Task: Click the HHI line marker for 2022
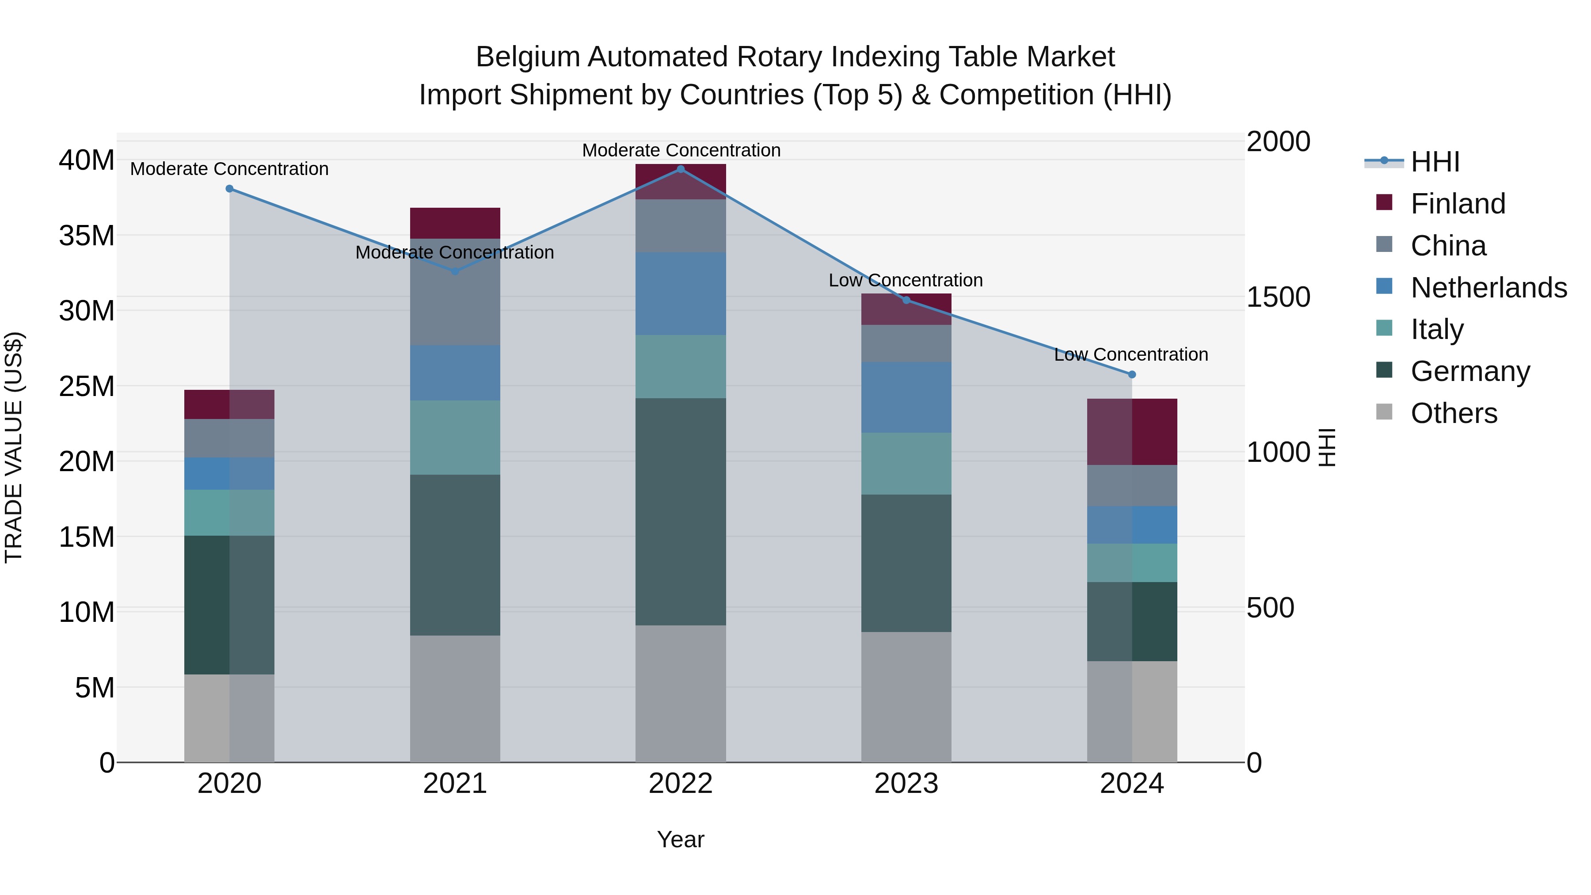(681, 169)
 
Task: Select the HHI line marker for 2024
(1132, 374)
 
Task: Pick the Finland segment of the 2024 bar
(1132, 432)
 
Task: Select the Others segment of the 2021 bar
(455, 699)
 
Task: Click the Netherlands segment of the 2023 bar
(906, 397)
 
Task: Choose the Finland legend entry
(1457, 204)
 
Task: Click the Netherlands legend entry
(1488, 288)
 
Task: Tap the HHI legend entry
(1434, 162)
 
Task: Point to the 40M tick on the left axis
(87, 160)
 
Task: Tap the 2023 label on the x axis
(906, 784)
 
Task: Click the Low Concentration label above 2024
(1131, 354)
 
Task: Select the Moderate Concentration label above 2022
(681, 150)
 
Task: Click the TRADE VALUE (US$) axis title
(14, 447)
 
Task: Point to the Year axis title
(681, 839)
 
